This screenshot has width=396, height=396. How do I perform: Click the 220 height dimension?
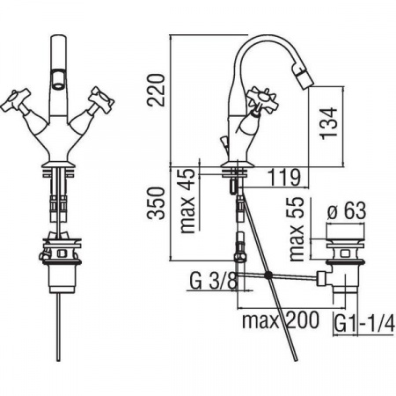tap(156, 90)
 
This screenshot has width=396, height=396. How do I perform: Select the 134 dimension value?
tap(328, 123)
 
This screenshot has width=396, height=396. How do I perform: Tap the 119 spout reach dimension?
tap(284, 177)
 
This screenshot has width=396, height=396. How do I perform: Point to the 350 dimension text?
tap(156, 203)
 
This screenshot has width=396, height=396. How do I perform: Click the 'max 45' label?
tap(188, 201)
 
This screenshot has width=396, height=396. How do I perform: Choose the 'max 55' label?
tap(297, 229)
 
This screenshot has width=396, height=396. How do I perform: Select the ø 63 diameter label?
tap(347, 210)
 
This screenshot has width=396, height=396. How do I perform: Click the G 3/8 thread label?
tap(213, 281)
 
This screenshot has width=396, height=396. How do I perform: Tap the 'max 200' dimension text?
tap(281, 320)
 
